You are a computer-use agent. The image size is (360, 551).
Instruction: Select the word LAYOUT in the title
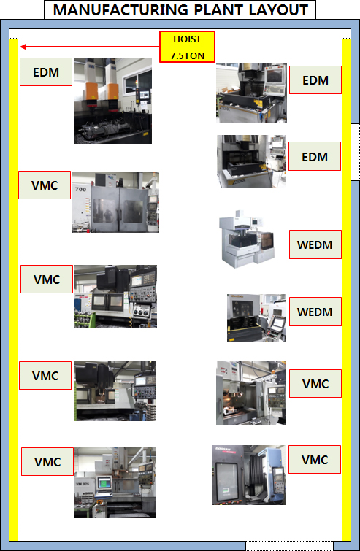[x=278, y=9]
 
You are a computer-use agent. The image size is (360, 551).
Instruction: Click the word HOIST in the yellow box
[x=187, y=39]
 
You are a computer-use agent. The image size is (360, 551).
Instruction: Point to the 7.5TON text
[x=187, y=55]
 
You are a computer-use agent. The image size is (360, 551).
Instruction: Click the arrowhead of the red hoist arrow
[x=23, y=47]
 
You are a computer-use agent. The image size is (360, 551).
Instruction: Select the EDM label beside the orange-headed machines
[x=46, y=72]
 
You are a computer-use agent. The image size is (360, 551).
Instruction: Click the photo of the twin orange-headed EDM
[x=113, y=101]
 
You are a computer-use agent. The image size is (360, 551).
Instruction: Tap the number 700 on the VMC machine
[x=80, y=189]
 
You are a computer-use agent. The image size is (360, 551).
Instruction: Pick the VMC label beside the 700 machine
[x=45, y=185]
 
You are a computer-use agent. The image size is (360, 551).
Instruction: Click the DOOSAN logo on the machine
[x=223, y=450]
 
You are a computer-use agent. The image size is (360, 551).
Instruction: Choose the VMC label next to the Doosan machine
[x=315, y=460]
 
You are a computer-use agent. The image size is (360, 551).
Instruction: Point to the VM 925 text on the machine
[x=83, y=484]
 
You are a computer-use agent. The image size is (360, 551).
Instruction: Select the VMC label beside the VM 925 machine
[x=47, y=462]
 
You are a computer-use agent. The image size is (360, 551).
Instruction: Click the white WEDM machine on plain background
[x=247, y=239]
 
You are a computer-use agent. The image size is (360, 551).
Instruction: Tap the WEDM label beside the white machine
[x=315, y=244]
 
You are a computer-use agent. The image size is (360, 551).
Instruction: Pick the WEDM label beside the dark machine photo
[x=315, y=312]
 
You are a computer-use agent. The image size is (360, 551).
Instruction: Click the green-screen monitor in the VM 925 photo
[x=104, y=482]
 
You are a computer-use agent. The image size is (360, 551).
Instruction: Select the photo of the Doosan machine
[x=249, y=475]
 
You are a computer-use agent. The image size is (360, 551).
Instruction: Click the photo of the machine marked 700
[x=115, y=202]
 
